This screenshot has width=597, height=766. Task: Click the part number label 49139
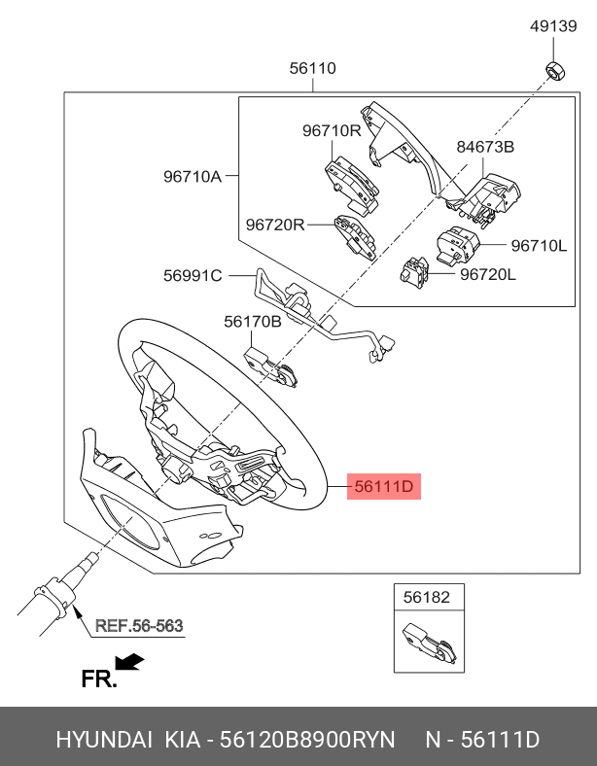(553, 26)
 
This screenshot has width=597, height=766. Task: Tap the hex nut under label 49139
(554, 70)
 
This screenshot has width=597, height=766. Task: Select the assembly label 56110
(313, 68)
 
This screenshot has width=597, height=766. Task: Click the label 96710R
(332, 130)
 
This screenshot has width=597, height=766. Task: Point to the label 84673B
(485, 147)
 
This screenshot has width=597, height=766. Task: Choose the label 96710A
(193, 176)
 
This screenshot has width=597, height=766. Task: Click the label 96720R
(274, 225)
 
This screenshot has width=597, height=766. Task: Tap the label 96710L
(539, 245)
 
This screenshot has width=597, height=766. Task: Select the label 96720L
(488, 274)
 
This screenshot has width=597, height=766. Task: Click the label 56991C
(193, 276)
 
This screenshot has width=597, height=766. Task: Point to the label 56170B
(253, 322)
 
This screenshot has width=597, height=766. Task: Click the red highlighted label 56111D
(384, 487)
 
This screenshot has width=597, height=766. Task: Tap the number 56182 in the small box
(427, 597)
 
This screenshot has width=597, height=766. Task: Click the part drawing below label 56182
(430, 643)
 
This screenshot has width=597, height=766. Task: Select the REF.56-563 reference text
(139, 626)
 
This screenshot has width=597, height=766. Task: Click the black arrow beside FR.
(129, 661)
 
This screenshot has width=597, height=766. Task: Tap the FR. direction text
(99, 679)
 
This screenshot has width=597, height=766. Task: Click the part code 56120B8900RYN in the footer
(307, 740)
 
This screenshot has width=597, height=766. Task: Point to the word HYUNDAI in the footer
(104, 740)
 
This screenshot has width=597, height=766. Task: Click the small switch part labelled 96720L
(414, 270)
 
